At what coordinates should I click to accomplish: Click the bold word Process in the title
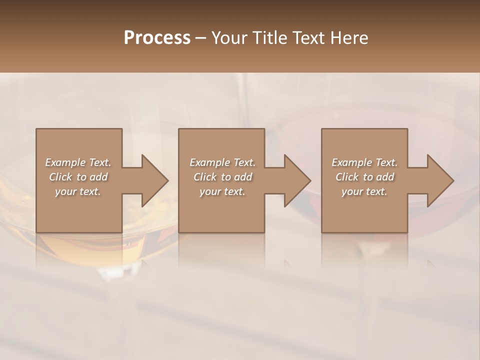pyautogui.click(x=157, y=38)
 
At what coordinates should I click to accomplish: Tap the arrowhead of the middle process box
pyautogui.click(x=297, y=180)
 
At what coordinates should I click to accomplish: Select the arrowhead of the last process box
pyautogui.click(x=440, y=180)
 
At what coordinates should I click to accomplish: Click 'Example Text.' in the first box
pyautogui.click(x=78, y=162)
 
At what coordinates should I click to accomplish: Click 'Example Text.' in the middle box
pyautogui.click(x=222, y=162)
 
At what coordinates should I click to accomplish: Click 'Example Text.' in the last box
pyautogui.click(x=364, y=162)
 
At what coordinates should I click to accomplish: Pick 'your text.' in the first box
pyautogui.click(x=78, y=191)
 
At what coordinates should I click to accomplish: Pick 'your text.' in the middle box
pyautogui.click(x=222, y=191)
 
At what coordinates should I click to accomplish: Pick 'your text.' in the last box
pyautogui.click(x=364, y=191)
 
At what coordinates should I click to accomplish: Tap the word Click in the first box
pyautogui.click(x=60, y=177)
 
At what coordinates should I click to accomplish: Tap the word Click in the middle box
pyautogui.click(x=205, y=177)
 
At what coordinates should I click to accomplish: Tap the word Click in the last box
pyautogui.click(x=347, y=177)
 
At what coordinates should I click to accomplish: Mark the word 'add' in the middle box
pyautogui.click(x=242, y=177)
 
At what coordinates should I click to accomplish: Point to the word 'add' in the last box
pyautogui.click(x=384, y=177)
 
